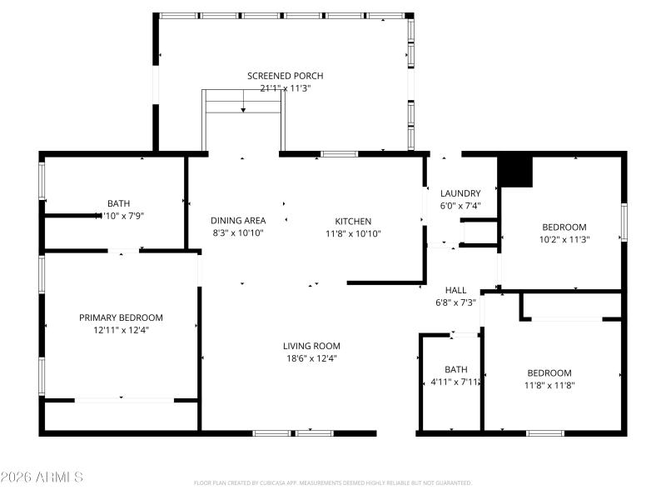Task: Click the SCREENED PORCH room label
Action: [x=285, y=76]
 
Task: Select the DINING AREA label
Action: [x=238, y=221]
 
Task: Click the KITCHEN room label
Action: [x=353, y=221]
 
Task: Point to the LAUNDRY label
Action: [x=460, y=193]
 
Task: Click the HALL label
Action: [x=455, y=290]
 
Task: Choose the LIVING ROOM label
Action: [x=311, y=346]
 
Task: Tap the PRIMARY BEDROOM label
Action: [x=121, y=317]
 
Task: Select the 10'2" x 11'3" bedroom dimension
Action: [x=564, y=239]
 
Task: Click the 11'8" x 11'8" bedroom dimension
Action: [x=549, y=385]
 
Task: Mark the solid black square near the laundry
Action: [x=514, y=172]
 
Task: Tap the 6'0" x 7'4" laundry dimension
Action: [x=460, y=206]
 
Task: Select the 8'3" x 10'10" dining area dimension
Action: [x=238, y=233]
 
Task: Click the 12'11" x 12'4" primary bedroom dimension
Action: [x=121, y=330]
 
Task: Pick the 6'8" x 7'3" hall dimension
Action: [x=455, y=302]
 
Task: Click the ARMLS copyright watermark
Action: [x=42, y=477]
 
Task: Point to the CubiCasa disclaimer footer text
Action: [x=333, y=482]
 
